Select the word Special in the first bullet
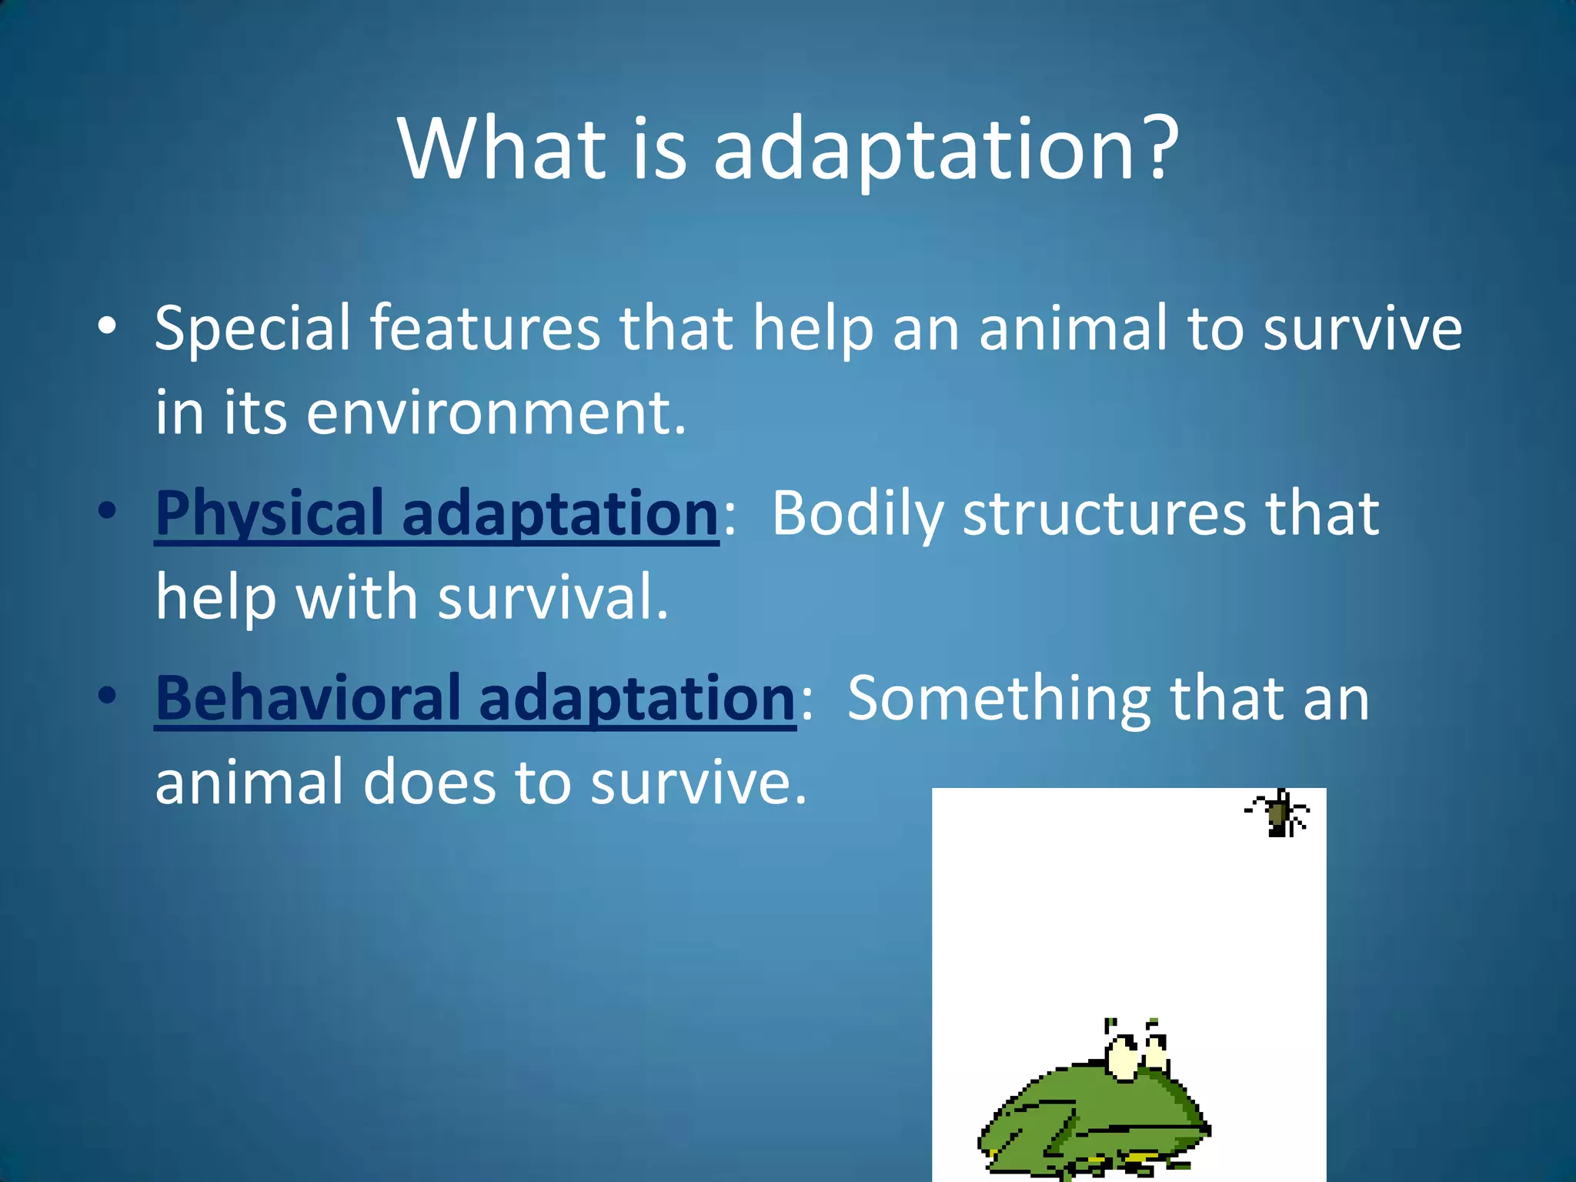pos(252,329)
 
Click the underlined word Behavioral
pos(308,699)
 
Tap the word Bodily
pos(857,514)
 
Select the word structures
pos(1105,514)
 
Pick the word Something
pos(999,699)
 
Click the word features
pos(485,329)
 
